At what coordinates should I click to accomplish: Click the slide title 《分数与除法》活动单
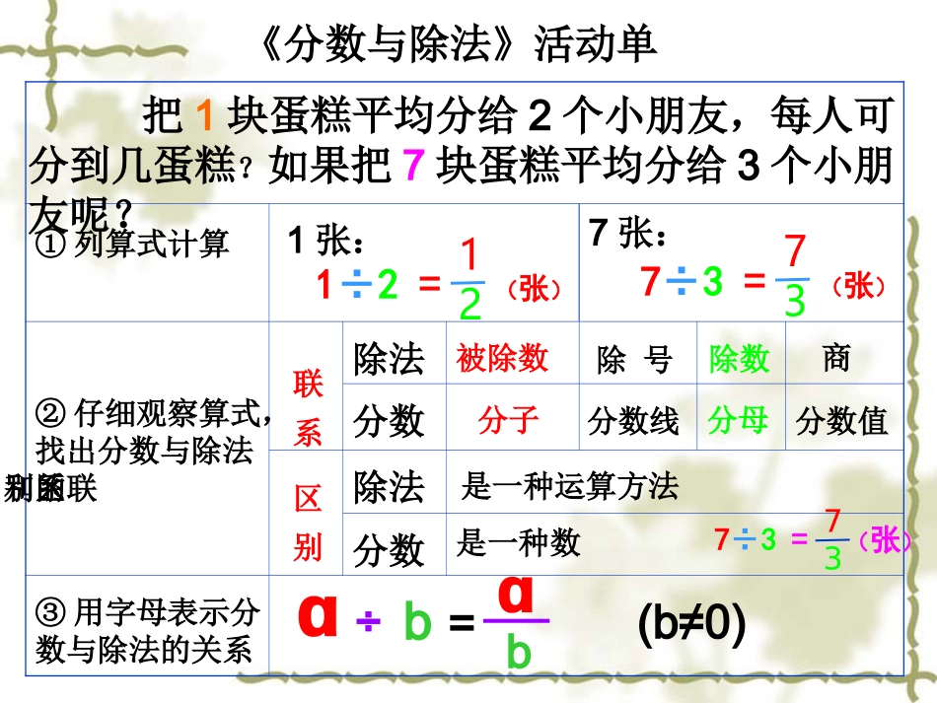tap(461, 43)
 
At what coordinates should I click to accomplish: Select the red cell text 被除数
tap(502, 358)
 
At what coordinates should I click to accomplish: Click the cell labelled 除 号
tap(634, 361)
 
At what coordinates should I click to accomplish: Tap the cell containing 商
tap(836, 358)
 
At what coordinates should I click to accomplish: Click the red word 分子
tap(508, 421)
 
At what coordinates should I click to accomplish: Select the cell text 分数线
tap(633, 422)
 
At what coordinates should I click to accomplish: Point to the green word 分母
tap(738, 421)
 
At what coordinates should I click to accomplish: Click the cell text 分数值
tap(842, 422)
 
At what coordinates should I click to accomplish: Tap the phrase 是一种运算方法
tap(570, 486)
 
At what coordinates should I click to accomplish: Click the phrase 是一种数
tap(518, 543)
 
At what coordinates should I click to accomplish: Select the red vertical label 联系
tap(308, 408)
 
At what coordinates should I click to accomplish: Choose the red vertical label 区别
tap(308, 524)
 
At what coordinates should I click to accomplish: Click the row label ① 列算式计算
tap(131, 244)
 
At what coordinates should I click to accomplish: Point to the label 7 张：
tap(628, 235)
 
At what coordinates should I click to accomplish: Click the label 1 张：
tap(326, 241)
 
